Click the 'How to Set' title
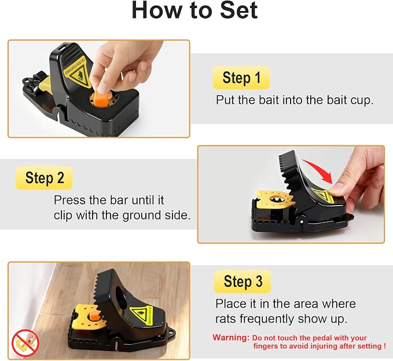(194, 10)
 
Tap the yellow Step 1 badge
(241, 78)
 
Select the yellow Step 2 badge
(44, 178)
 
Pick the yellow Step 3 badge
(243, 282)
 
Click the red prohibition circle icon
(25, 343)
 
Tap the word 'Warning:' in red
(230, 338)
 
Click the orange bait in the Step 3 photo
(95, 315)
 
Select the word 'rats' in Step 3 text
(225, 319)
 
